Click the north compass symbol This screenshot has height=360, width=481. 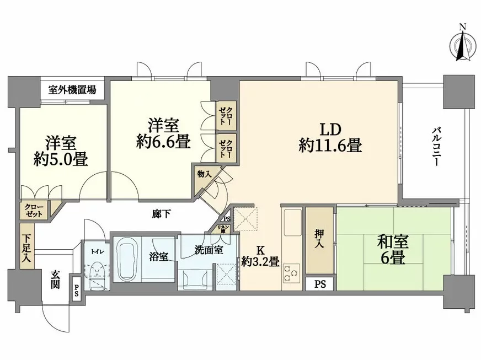coord(463,45)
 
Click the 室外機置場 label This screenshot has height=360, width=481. coord(72,89)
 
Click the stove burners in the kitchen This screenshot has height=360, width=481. coord(291,272)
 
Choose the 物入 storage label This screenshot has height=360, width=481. coord(204,174)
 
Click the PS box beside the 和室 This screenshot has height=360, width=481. coord(320,285)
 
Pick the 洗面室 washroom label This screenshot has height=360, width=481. coord(209,250)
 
